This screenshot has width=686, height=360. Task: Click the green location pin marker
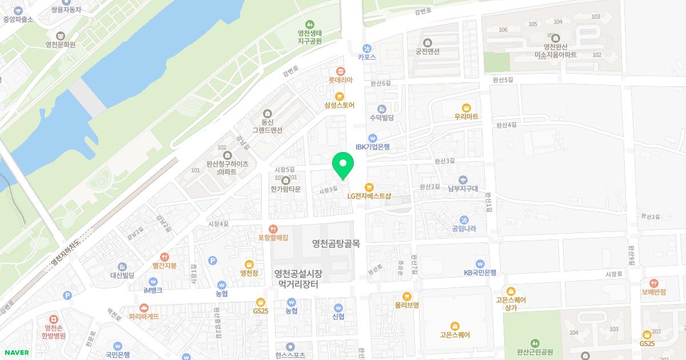click(343, 165)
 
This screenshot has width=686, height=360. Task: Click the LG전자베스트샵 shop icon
click(369, 187)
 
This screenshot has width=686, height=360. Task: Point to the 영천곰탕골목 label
click(336, 243)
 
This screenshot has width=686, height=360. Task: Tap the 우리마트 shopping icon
click(466, 107)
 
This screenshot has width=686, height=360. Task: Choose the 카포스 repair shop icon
click(367, 48)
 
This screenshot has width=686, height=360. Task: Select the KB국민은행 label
click(480, 273)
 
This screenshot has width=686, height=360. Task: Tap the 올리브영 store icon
click(406, 296)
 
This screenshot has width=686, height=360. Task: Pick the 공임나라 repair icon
click(464, 220)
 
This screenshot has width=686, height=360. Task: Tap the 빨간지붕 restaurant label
click(164, 266)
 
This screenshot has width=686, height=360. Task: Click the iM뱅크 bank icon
click(153, 281)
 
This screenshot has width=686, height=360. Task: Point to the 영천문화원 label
click(61, 44)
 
